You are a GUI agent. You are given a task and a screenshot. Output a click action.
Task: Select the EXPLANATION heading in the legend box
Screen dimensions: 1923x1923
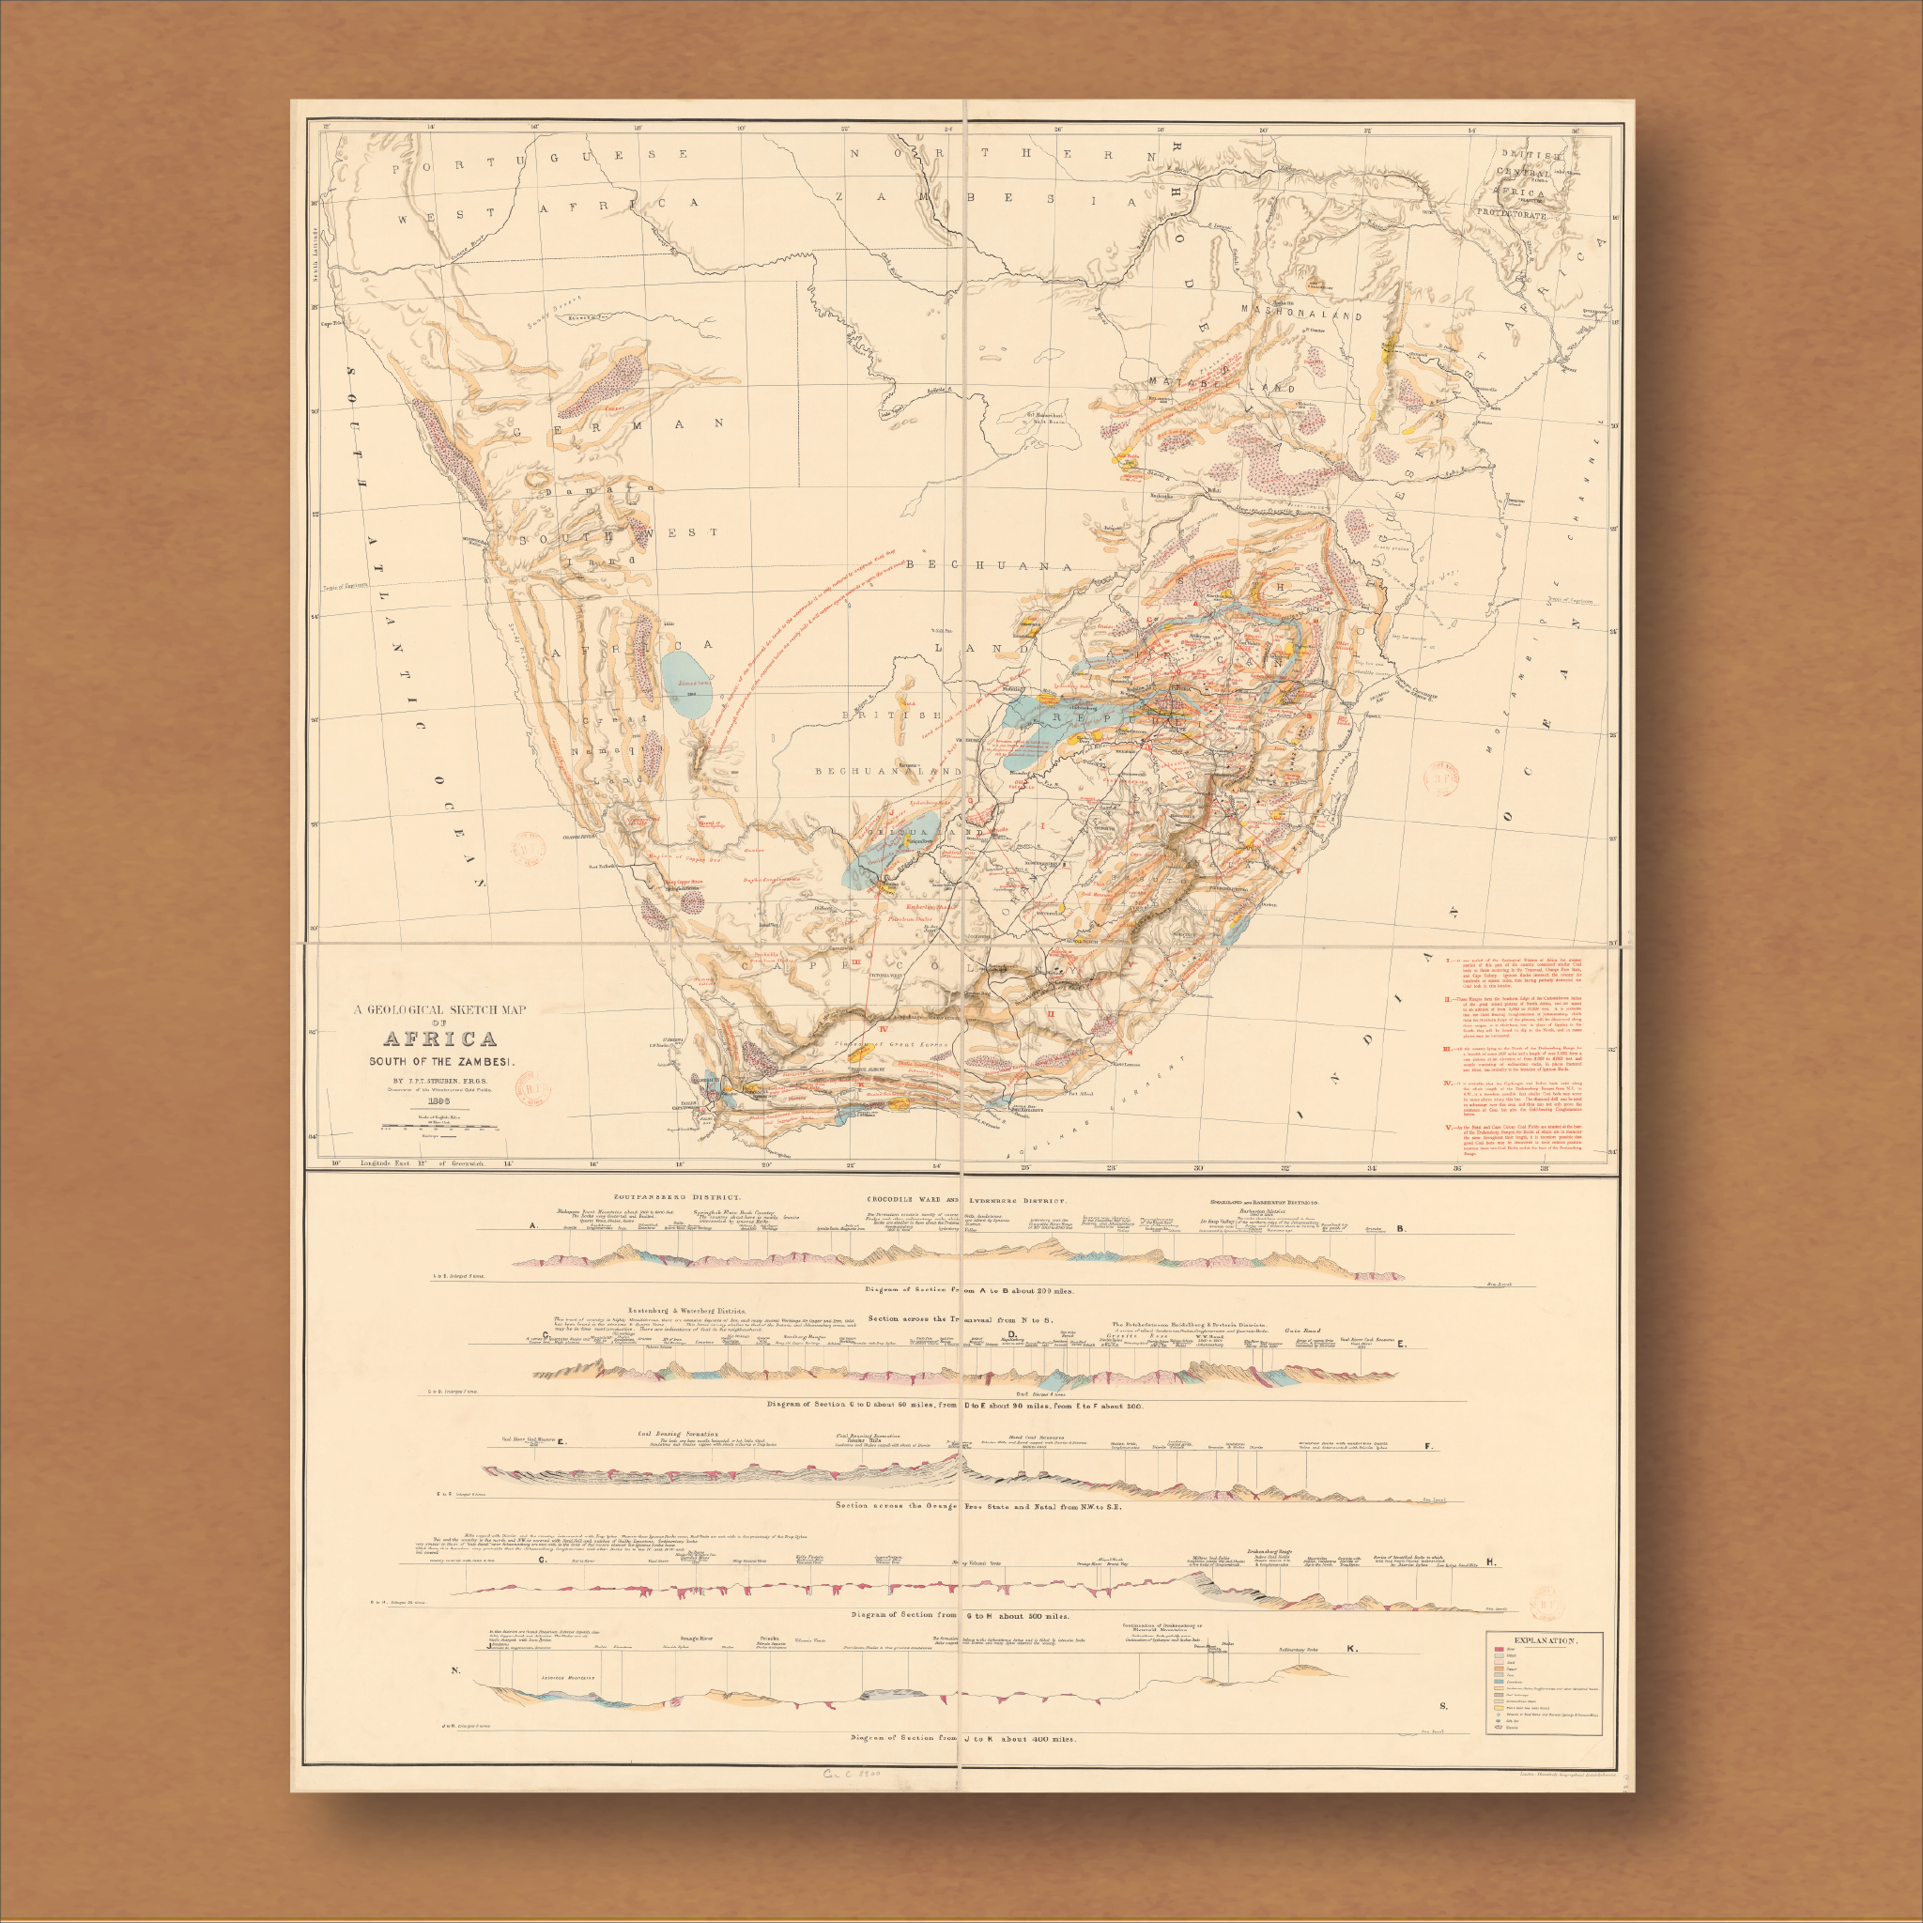(1546, 1641)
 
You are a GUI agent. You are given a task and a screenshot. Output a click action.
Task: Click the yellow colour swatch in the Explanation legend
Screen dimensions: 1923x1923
(1500, 1709)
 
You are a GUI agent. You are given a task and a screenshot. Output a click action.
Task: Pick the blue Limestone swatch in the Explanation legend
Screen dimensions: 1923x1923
(1500, 1682)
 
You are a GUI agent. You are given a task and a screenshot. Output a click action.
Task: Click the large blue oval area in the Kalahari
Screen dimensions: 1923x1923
(686, 689)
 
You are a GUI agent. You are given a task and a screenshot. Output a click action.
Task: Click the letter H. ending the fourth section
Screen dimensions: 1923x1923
(1491, 1562)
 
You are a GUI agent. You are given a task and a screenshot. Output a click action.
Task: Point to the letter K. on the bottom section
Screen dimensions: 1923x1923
(1350, 1648)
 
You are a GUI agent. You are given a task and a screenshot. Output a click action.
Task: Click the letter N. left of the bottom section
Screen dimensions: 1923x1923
(455, 1671)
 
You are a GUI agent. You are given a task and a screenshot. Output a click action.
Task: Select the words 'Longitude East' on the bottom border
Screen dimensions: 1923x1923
(386, 1163)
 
